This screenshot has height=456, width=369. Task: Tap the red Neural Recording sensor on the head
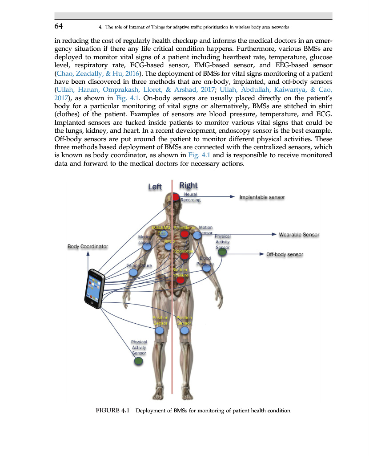pos(176,196)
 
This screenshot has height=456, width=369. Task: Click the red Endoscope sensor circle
pos(184,256)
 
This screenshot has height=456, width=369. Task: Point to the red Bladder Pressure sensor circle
pos(180,280)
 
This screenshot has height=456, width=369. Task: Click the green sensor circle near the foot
pos(139,361)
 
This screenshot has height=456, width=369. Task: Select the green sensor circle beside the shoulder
pos(223,252)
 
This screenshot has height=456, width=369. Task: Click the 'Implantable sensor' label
pos(262,197)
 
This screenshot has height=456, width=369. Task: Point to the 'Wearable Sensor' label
pos(299,234)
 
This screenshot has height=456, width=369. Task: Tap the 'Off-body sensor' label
pos(285,254)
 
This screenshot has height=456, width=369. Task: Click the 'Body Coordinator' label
pos(88,246)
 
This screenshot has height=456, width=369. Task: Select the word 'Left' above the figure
pos(155,187)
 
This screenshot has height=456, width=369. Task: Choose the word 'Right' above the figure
pos(188,185)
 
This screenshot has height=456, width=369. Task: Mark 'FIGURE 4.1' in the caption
pos(112,410)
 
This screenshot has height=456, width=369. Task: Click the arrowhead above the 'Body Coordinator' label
pos(88,253)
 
